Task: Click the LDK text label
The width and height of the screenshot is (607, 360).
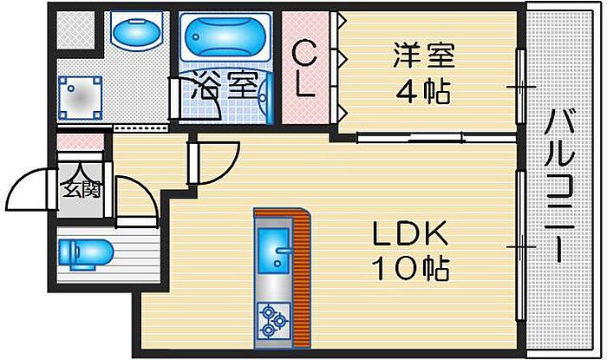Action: point(409,234)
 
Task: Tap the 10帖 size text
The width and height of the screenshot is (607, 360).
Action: point(409,268)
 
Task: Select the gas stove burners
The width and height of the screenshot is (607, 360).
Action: point(271,319)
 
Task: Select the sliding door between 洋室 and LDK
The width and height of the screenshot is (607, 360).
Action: point(434,136)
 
